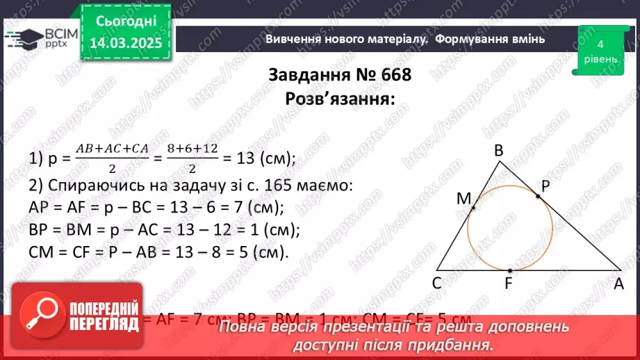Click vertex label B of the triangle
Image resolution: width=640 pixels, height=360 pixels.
(x=499, y=150)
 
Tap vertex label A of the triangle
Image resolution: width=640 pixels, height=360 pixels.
(x=618, y=283)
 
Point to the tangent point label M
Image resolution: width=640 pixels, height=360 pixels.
(x=463, y=199)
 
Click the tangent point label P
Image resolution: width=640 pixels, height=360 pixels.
(x=547, y=186)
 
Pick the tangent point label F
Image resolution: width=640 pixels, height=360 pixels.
(x=510, y=283)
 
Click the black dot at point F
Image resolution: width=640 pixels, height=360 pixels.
(x=510, y=270)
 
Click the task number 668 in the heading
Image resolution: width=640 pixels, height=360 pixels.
(x=391, y=75)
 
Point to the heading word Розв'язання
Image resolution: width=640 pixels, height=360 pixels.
(x=339, y=98)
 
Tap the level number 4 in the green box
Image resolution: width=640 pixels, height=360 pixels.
(x=600, y=44)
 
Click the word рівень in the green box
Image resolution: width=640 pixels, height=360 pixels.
(x=600, y=58)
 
